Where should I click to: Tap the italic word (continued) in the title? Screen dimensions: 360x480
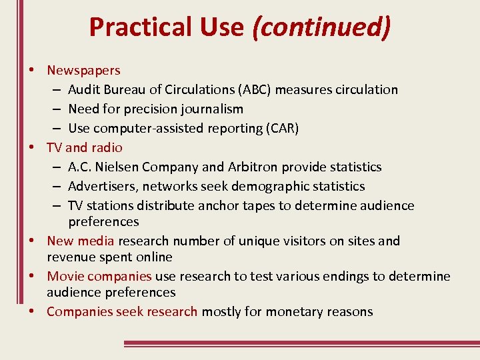coord(321,27)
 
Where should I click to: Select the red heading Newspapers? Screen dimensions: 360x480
coord(83,70)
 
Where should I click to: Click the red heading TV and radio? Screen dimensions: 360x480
coord(84,147)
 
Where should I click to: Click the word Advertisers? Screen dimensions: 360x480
coord(102,186)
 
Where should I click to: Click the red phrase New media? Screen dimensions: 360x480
coord(81,241)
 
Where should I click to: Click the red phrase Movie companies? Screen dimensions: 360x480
coord(99,276)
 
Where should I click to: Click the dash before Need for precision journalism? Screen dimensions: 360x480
coord(57,109)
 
